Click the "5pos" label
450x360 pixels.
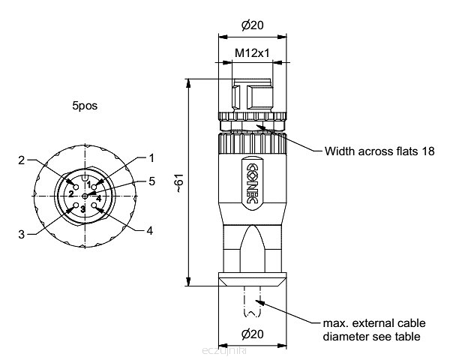coord(85,106)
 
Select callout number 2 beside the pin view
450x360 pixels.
coord(22,160)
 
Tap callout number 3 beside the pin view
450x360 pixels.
coord(22,234)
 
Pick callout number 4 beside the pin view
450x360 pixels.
coord(150,230)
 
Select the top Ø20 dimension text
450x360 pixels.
coord(252,25)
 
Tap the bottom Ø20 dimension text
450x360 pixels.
coord(252,333)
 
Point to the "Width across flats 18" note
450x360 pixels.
coord(379,151)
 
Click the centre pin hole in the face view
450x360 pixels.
coord(84,196)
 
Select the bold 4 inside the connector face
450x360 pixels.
coord(99,198)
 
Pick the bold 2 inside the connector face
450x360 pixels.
coord(70,193)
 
